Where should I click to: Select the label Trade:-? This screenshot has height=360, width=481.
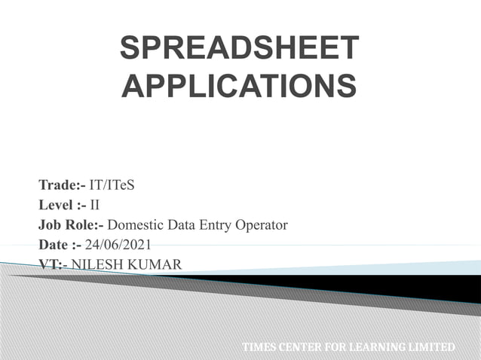tap(63, 185)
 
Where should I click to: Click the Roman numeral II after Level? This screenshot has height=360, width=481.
tap(96, 204)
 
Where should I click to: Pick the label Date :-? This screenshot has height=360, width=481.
tap(60, 245)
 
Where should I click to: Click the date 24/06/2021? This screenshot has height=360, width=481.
tap(118, 245)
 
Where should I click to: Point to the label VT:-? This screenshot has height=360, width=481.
tap(53, 264)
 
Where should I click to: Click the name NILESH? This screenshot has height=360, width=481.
tap(97, 264)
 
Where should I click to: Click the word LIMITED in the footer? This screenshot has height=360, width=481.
tap(432, 347)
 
